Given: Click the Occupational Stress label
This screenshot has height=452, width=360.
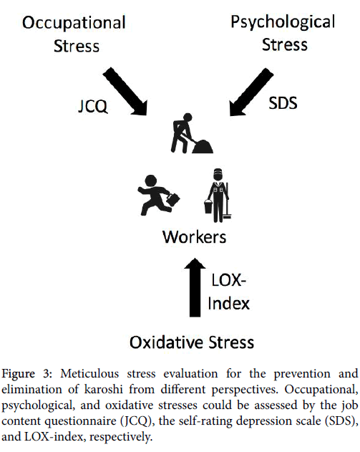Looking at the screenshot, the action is click(x=74, y=34).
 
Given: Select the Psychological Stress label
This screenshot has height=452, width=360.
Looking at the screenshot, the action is click(x=283, y=34).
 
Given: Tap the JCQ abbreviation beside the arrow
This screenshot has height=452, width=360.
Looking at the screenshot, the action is click(x=93, y=106).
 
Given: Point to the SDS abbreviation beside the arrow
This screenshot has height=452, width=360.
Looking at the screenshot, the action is click(x=283, y=103).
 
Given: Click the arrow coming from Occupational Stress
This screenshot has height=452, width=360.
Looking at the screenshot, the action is click(x=125, y=92).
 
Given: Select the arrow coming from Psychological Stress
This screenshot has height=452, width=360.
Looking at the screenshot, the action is click(x=251, y=92).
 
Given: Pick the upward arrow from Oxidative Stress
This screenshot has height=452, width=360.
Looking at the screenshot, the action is click(x=195, y=287).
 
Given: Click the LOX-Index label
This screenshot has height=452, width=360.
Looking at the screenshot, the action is click(x=229, y=292).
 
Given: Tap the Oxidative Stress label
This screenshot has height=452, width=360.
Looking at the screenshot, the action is click(x=192, y=342).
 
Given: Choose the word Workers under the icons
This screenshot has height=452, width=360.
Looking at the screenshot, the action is click(x=195, y=237).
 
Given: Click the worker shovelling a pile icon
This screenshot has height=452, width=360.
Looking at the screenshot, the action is click(x=192, y=133).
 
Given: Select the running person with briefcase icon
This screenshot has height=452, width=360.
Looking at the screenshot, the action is click(x=159, y=195).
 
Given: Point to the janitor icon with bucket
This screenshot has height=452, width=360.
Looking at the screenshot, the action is click(x=218, y=195).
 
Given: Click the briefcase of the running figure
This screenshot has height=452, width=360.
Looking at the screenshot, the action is click(x=172, y=199).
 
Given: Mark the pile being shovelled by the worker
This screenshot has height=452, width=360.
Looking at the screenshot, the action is click(x=203, y=146).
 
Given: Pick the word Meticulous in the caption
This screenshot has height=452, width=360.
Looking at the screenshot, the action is click(x=89, y=374).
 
